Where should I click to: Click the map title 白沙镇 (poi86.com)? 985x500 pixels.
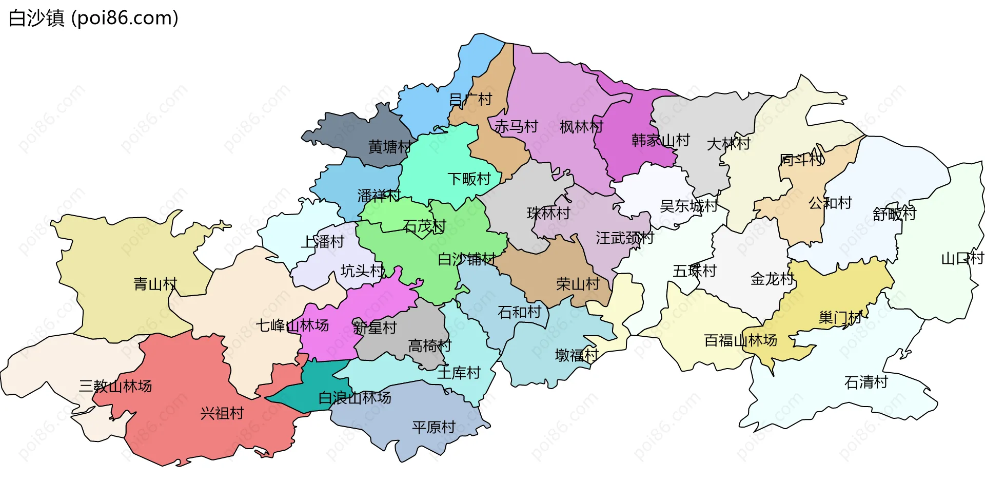93,18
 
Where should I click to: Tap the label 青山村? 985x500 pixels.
155,284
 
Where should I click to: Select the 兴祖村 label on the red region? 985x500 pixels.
222,413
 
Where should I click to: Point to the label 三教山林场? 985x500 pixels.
115,386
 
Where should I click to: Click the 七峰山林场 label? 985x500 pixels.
292,325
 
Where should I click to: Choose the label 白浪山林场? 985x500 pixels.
354,398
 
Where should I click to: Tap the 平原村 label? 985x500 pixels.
434,427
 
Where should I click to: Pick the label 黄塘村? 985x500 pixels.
389,147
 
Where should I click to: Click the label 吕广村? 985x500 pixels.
470,99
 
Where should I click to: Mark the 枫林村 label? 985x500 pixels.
581,127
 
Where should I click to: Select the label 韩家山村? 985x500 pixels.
660,140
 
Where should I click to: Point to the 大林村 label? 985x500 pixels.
728,144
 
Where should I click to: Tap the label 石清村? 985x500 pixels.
866,382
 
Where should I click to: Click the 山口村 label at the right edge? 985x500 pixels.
962,258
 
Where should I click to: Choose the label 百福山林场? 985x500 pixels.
740,340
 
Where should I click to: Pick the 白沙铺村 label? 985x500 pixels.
466,259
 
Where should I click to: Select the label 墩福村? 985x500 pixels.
577,355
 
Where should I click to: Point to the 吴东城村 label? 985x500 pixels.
688,206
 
